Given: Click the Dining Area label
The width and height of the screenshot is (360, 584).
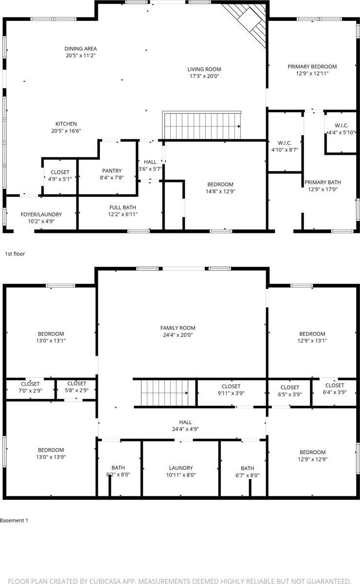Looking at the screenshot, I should click(x=81, y=49).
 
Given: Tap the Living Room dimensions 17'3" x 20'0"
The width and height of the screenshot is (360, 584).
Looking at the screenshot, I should click(x=204, y=76).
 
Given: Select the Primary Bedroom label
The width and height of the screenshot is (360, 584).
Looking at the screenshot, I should click(x=312, y=67).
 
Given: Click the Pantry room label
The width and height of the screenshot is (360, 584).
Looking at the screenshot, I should click(x=112, y=171).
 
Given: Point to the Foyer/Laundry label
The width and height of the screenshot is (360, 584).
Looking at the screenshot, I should click(x=41, y=215).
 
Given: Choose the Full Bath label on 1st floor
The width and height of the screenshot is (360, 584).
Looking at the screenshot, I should click(x=119, y=207).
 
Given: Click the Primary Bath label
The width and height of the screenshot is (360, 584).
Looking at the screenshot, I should click(x=323, y=182).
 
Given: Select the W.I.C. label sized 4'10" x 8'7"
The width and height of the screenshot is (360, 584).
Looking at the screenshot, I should click(x=285, y=143).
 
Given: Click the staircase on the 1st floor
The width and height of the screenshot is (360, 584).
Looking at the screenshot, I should click(x=202, y=126).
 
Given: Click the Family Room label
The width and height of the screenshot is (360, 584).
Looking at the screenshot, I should click(x=178, y=328).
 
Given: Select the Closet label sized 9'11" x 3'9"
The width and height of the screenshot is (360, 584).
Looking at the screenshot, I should click(x=231, y=386).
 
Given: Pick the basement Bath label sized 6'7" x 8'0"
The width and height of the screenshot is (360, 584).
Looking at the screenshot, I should click(x=247, y=468).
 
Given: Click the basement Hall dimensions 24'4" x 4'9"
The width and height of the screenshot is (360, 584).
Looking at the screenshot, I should click(x=185, y=429).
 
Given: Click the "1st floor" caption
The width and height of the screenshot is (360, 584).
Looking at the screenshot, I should click(x=15, y=254).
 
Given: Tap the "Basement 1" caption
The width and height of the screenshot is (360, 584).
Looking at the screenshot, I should click(x=14, y=520).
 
